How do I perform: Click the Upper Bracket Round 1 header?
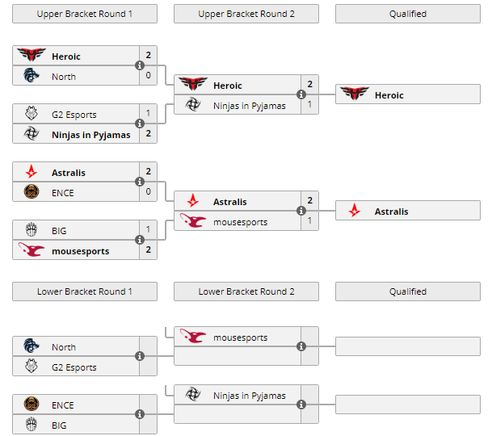pyautogui.click(x=85, y=14)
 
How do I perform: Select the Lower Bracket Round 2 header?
pyautogui.click(x=246, y=291)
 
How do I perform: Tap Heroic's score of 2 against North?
pyautogui.click(x=149, y=56)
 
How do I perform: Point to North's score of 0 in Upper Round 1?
pyautogui.click(x=149, y=76)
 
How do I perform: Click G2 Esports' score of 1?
pyautogui.click(x=149, y=114)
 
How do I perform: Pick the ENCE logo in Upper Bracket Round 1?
pyautogui.click(x=32, y=192)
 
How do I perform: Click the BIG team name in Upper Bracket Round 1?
pyautogui.click(x=59, y=231)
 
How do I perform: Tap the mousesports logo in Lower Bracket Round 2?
pyautogui.click(x=193, y=337)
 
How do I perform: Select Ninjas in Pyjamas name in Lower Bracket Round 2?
pyautogui.click(x=249, y=396)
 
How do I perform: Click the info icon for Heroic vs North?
pyautogui.click(x=140, y=65)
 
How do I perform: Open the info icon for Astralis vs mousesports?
pyautogui.click(x=301, y=212)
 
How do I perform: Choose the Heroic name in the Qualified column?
pyautogui.click(x=389, y=95)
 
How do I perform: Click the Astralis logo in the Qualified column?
pyautogui.click(x=355, y=212)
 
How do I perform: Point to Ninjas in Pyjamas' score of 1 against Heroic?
pyautogui.click(x=310, y=105)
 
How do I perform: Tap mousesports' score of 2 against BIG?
pyautogui.click(x=149, y=250)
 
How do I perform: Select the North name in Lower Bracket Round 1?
pyautogui.click(x=64, y=347)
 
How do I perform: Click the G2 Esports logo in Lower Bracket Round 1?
pyautogui.click(x=32, y=367)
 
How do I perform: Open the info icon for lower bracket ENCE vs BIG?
pyautogui.click(x=140, y=414)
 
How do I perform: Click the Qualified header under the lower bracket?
pyautogui.click(x=408, y=291)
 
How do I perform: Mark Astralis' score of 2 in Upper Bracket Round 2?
pyautogui.click(x=310, y=201)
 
